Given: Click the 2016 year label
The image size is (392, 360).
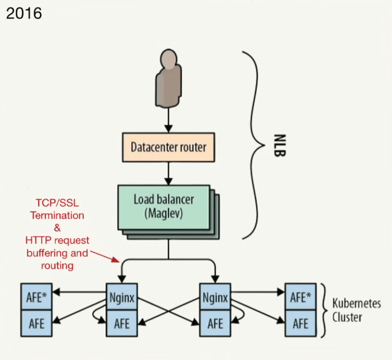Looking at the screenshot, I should pos(24,13).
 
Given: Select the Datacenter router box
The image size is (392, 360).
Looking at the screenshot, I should pos(169,147).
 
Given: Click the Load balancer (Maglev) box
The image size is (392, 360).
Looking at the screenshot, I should pos(164,206).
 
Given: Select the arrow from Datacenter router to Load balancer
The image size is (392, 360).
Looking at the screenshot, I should pos(168,173).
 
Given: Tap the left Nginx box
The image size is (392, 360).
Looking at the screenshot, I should pos(122,297).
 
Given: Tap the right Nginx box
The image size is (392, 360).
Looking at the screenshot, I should pos(215,297).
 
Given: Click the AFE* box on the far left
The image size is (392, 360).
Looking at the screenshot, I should pos(37,297).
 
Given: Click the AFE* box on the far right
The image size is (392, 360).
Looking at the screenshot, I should pos(301,297).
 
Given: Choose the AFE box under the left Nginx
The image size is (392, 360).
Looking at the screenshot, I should pos(122,322).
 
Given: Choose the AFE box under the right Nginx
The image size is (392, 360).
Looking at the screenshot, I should pos(215,322).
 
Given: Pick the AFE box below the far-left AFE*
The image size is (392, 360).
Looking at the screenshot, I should pos(37,322).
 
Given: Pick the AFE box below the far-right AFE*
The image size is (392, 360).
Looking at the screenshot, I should pos(301,322).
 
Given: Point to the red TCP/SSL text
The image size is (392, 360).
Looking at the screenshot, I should pos(57,203).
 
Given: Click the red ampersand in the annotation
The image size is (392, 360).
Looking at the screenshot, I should pos(57,228).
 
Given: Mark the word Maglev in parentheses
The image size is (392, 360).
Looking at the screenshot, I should pos(164,213).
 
